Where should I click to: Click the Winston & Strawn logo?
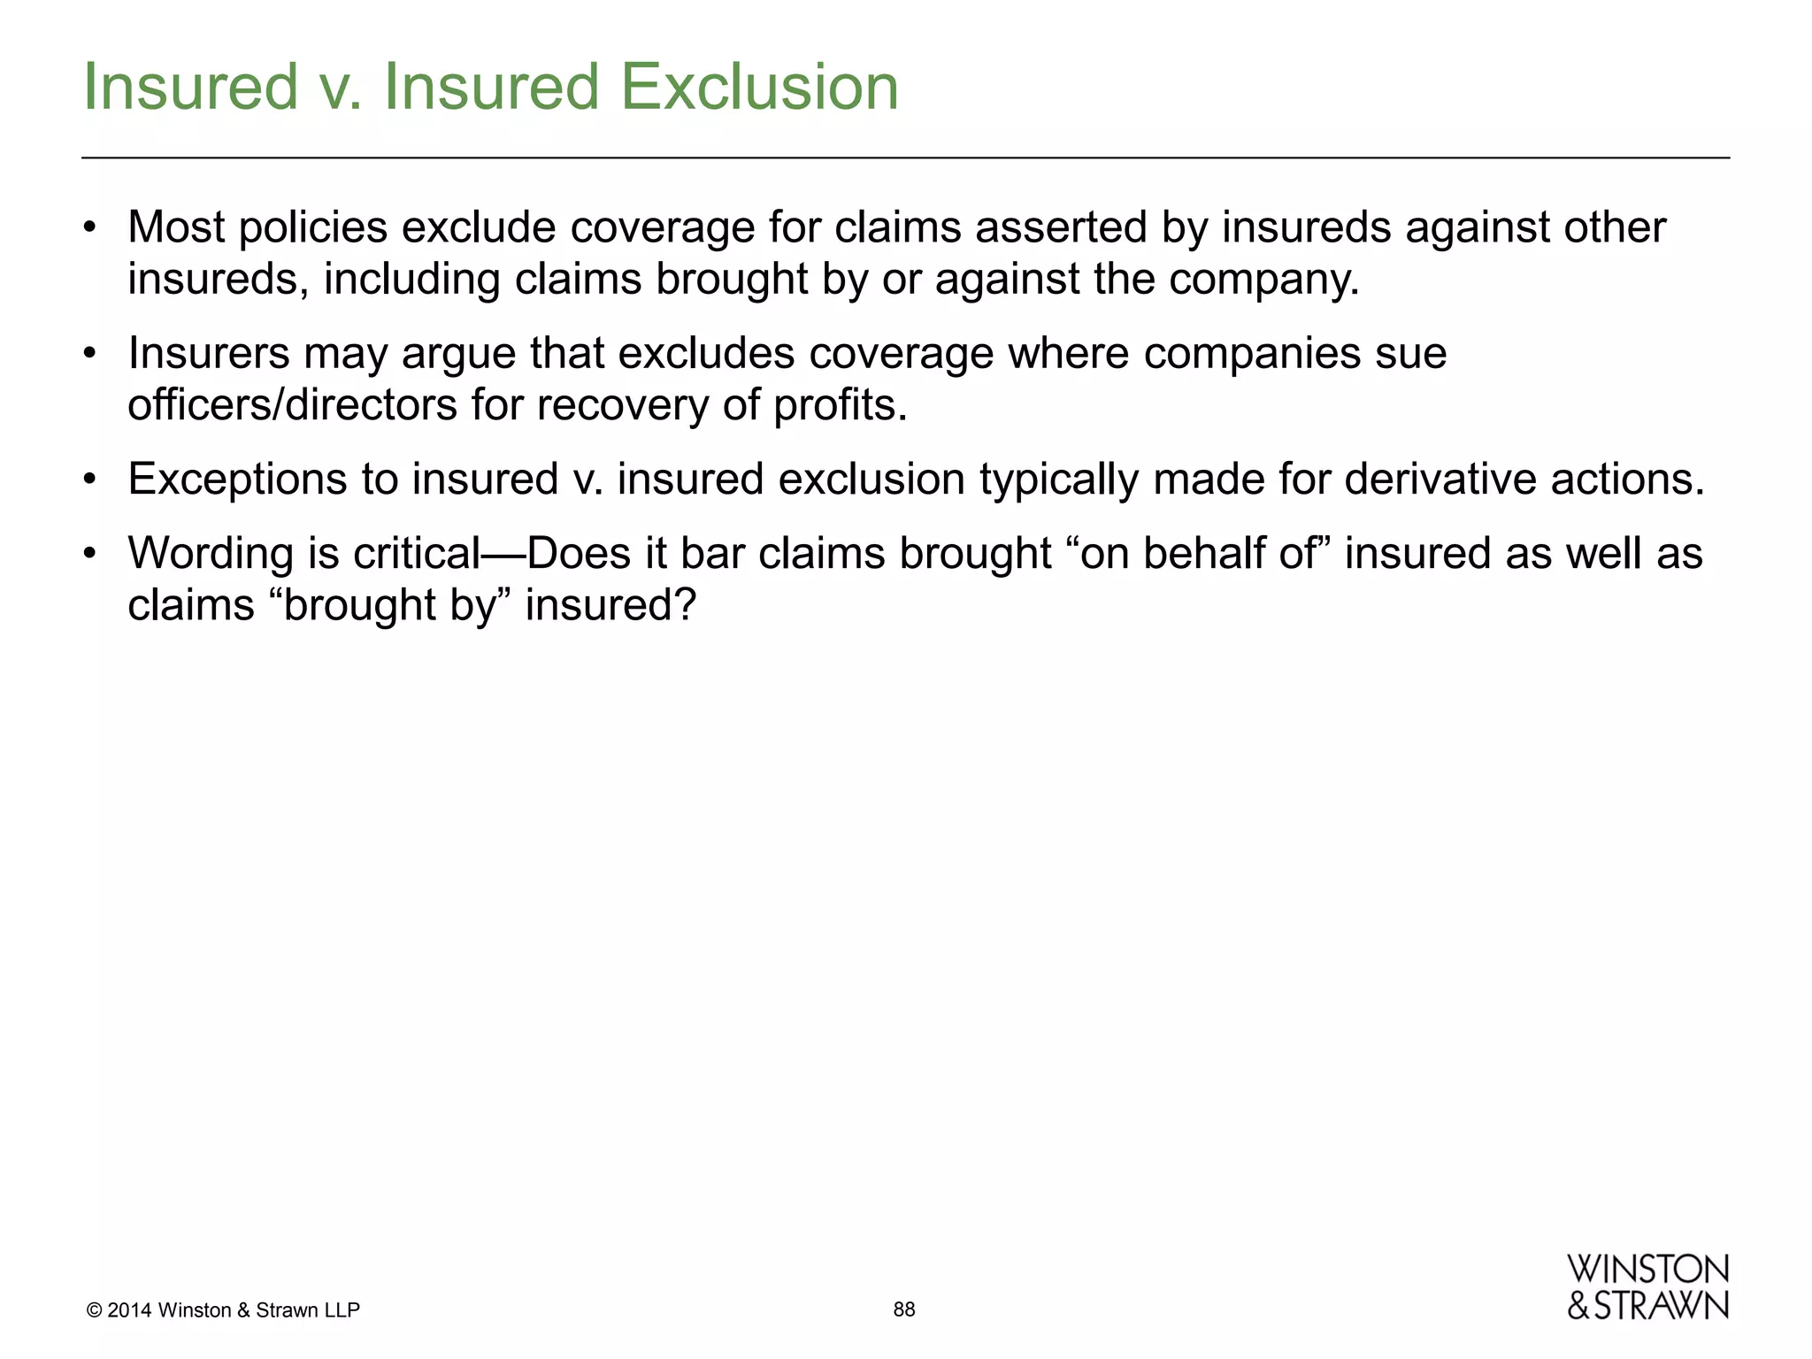tap(1647, 1287)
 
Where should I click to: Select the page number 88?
tap(904, 1309)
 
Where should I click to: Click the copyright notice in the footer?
tap(224, 1310)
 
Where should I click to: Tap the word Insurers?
tap(209, 353)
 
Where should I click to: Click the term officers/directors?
tap(292, 405)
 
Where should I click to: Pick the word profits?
tap(840, 405)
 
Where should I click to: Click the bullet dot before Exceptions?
tap(88, 480)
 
